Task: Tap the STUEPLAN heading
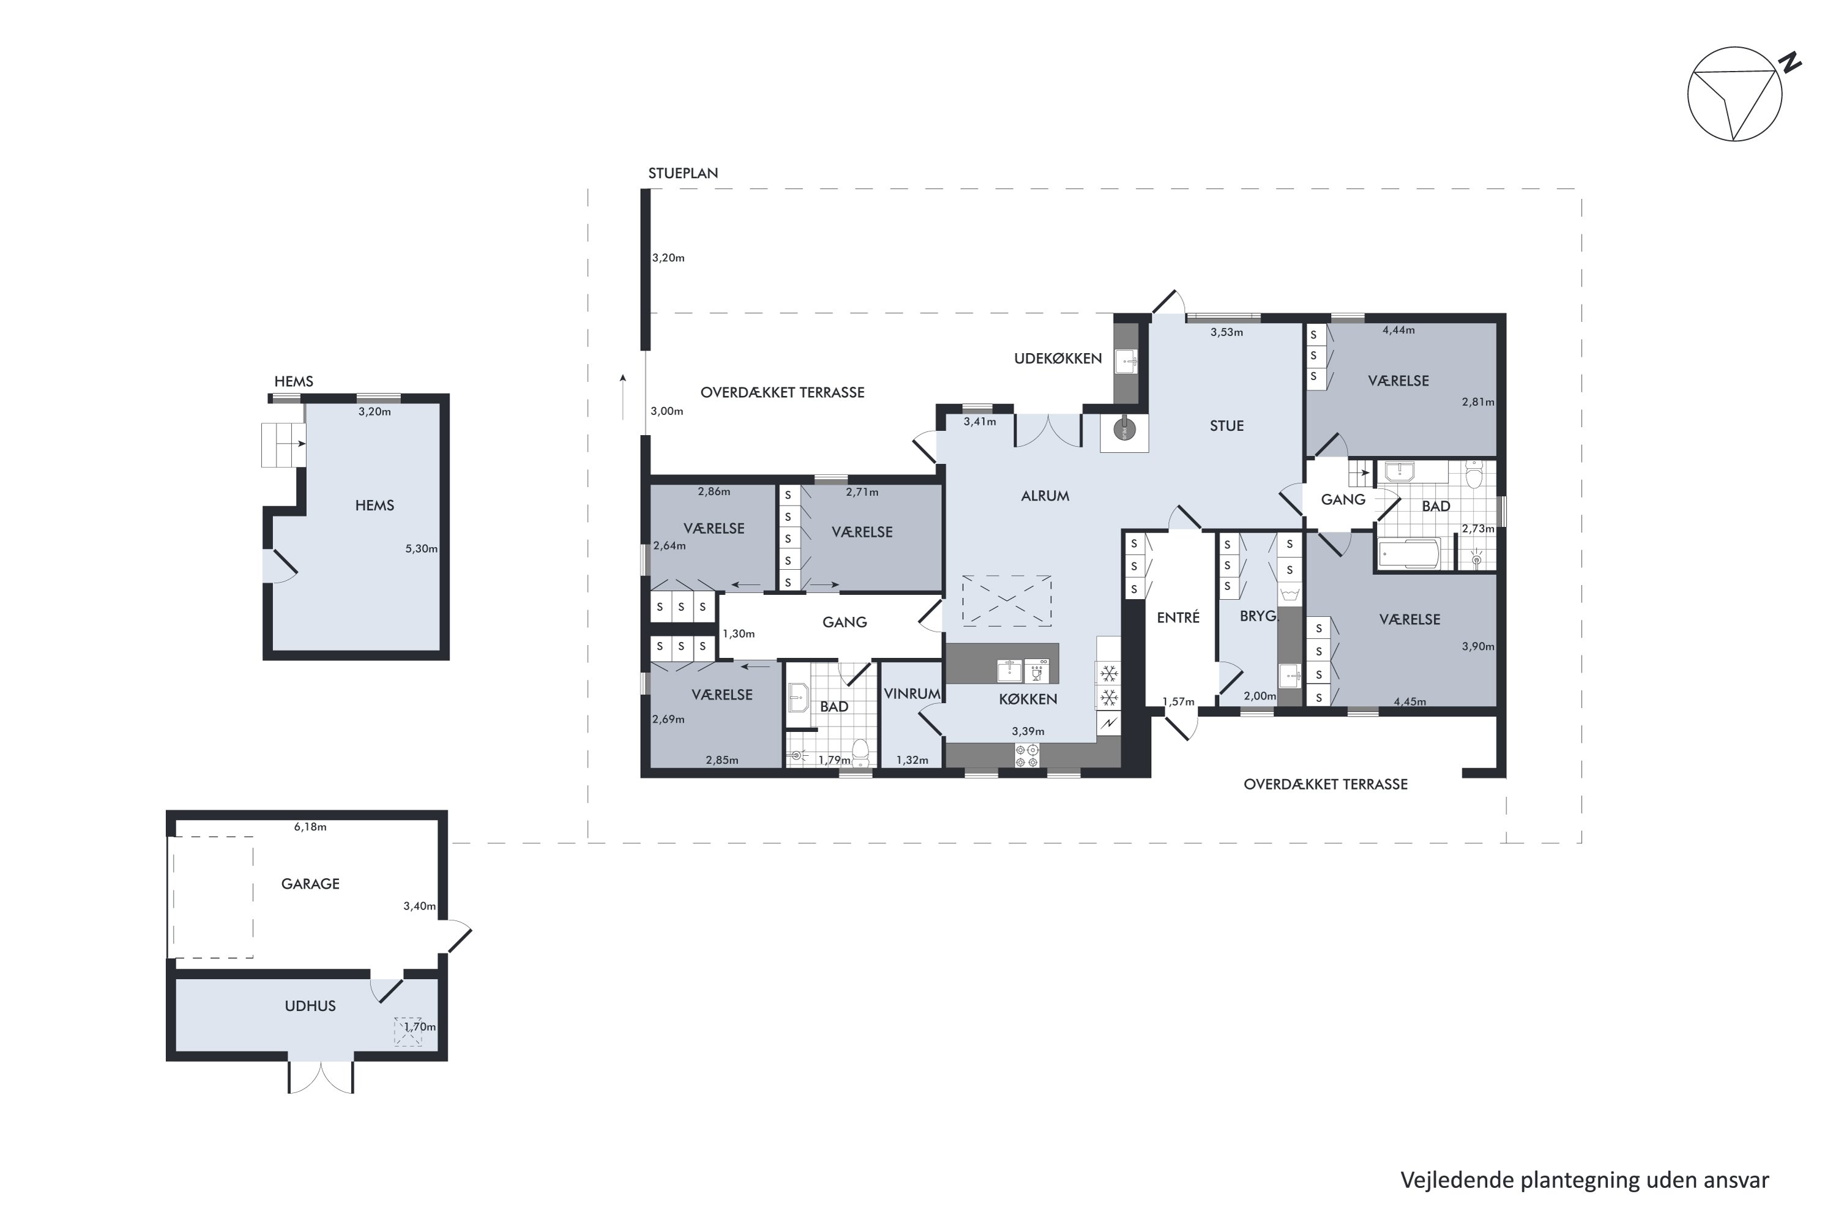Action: click(x=683, y=173)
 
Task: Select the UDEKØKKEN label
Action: click(x=1058, y=358)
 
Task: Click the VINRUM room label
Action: click(x=912, y=693)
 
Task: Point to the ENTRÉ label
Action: click(x=1178, y=618)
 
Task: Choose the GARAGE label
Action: click(x=310, y=884)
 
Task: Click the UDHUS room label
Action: click(x=310, y=1006)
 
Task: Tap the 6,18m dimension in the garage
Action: click(x=310, y=827)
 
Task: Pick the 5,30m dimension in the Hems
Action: click(x=422, y=549)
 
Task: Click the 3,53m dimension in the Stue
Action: click(x=1226, y=332)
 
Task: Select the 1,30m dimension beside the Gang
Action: click(x=739, y=634)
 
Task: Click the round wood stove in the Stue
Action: click(x=1124, y=430)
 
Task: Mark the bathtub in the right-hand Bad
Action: click(x=1408, y=554)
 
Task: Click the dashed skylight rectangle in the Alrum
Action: click(x=1006, y=600)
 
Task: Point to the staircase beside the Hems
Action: click(x=283, y=445)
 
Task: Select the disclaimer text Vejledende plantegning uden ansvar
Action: click(x=1584, y=1181)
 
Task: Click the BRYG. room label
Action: click(x=1258, y=616)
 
